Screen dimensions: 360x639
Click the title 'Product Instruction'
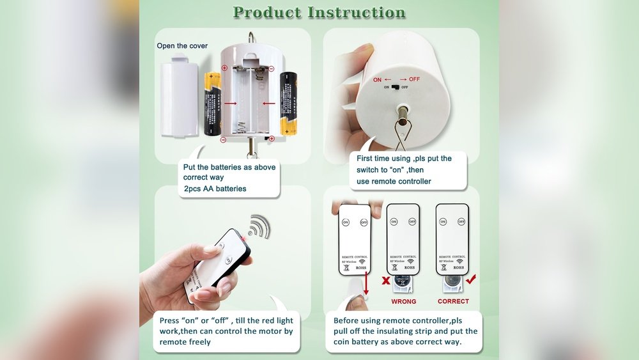coord(319,13)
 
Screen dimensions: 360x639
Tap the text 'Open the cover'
coord(182,46)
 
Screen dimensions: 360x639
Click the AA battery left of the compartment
coord(212,104)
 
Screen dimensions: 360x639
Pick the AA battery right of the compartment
coord(289,104)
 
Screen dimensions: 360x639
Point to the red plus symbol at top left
coord(224,68)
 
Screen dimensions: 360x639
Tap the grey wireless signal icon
coord(259,227)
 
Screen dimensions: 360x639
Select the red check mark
coord(470,279)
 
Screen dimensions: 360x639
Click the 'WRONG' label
coord(403,301)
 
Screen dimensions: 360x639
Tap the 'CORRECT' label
coord(453,301)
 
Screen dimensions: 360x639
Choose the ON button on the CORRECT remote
coord(442,222)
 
